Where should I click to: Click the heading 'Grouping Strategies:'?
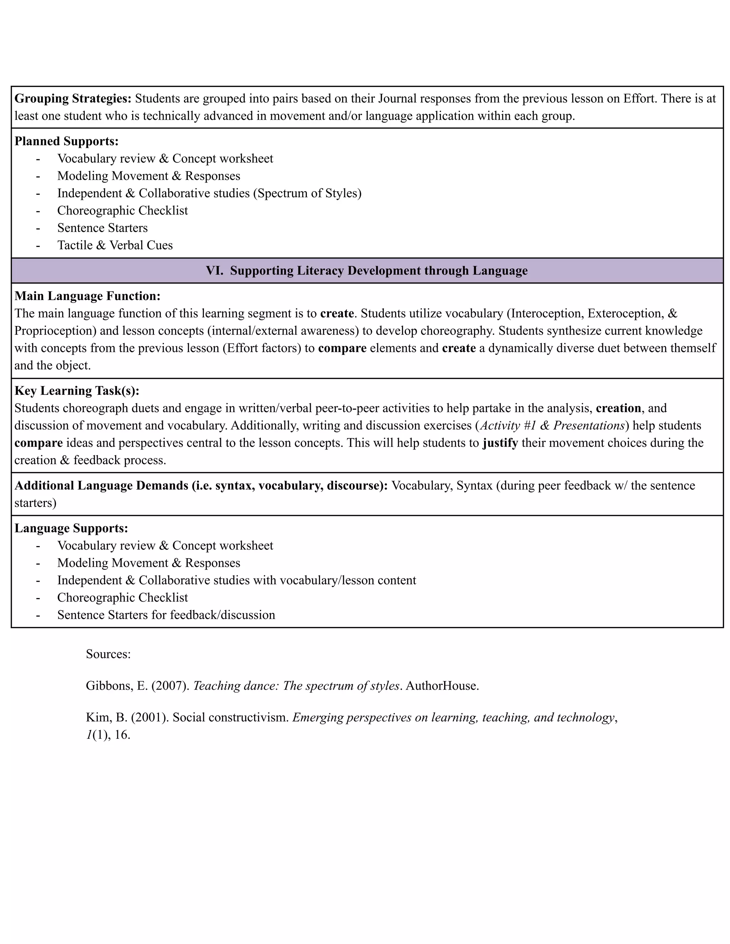pos(73,99)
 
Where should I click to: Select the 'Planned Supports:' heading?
pos(66,141)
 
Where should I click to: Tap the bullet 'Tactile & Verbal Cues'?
pos(115,245)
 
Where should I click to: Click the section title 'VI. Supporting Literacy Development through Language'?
pos(367,271)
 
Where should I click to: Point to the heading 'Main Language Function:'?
pos(87,296)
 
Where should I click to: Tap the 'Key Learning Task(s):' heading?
pos(77,391)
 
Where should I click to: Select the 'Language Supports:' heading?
pos(71,528)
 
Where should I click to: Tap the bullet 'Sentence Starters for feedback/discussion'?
pos(166,614)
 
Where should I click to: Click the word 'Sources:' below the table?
pos(108,654)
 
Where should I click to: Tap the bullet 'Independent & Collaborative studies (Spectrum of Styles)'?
pos(209,193)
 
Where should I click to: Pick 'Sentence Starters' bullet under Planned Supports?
pos(103,228)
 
